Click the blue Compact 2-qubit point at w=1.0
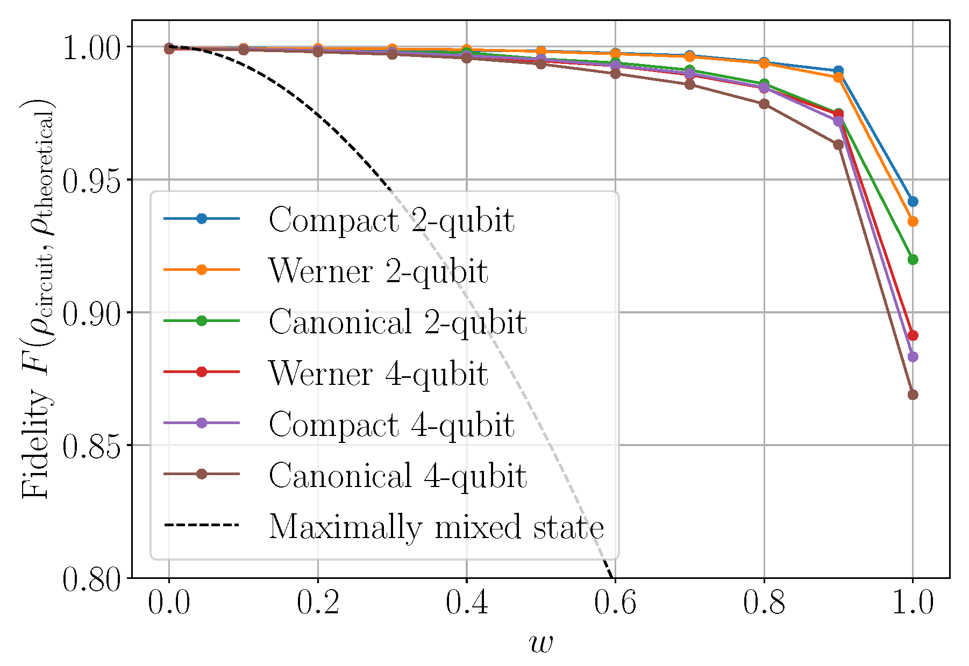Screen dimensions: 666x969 pyautogui.click(x=913, y=202)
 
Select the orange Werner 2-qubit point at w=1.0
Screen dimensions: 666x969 pyautogui.click(x=913, y=221)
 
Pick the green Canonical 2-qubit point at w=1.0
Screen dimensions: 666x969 pyautogui.click(x=913, y=260)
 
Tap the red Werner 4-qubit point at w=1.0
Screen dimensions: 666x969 pyautogui.click(x=913, y=335)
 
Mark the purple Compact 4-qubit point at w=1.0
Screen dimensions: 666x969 pyautogui.click(x=913, y=357)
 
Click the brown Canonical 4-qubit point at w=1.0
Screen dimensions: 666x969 pyautogui.click(x=913, y=395)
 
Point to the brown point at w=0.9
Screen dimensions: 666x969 pyautogui.click(x=838, y=145)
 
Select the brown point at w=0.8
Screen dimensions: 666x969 pyautogui.click(x=764, y=104)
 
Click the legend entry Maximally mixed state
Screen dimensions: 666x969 pyautogui.click(x=436, y=526)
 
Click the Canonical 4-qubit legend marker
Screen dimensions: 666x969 pyautogui.click(x=202, y=474)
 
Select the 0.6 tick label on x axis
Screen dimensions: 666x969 pyautogui.click(x=615, y=603)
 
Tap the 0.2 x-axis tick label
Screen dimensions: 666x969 pyautogui.click(x=318, y=603)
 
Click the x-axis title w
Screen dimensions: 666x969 pyautogui.click(x=540, y=642)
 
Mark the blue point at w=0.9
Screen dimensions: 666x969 pyautogui.click(x=838, y=71)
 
